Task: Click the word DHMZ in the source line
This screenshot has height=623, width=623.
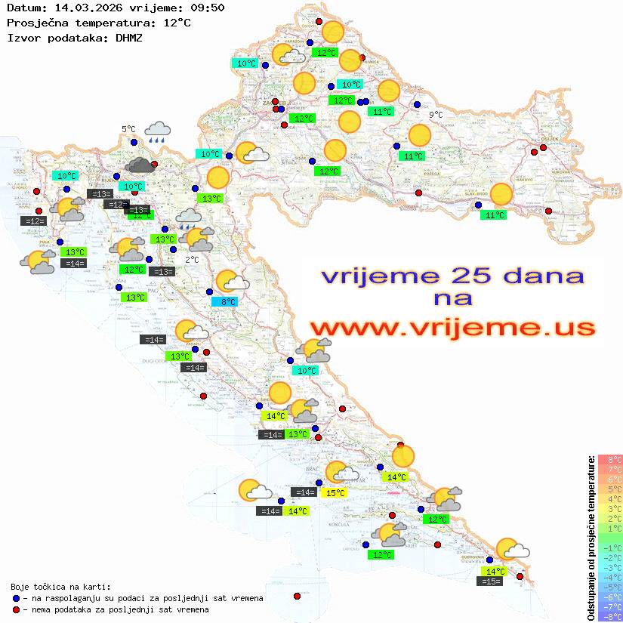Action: [x=128, y=37]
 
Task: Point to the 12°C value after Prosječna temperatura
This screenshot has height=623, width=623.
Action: [x=177, y=23]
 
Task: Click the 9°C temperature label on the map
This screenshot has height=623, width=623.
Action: [x=436, y=115]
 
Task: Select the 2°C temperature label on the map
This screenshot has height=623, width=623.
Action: [x=192, y=260]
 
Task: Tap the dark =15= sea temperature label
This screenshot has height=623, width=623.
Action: [x=490, y=581]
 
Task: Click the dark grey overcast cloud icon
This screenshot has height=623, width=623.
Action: [x=139, y=165]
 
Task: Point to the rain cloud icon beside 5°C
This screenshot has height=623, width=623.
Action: [x=158, y=132]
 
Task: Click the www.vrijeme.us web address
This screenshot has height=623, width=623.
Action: [x=452, y=328]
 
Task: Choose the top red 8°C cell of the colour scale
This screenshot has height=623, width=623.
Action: [x=610, y=459]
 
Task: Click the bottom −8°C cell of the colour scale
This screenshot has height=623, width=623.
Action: [x=610, y=616]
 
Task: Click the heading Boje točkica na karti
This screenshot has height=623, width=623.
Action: [x=60, y=587]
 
